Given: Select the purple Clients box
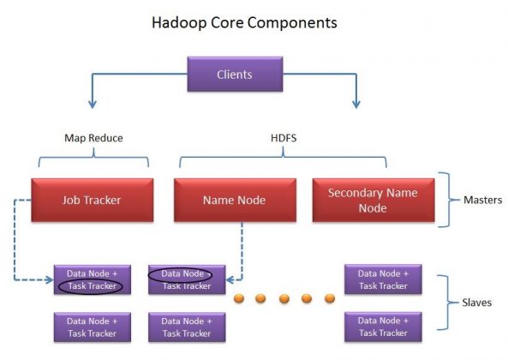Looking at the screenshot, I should [234, 75].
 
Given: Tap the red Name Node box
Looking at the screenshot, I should [233, 200].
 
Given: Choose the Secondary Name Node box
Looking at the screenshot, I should [372, 200].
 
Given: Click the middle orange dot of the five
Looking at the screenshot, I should [283, 299].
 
